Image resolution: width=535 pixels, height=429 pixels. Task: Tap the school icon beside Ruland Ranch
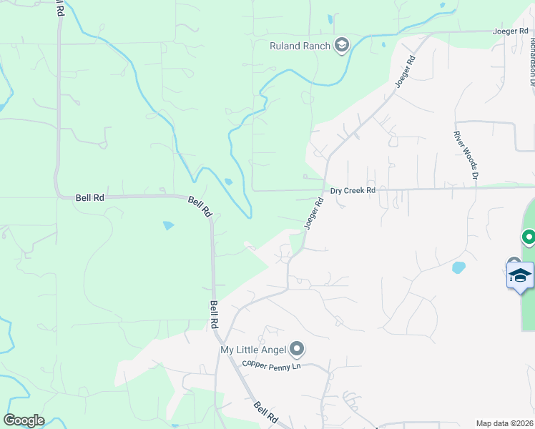pos(342,46)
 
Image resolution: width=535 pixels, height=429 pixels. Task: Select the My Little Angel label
pos(252,350)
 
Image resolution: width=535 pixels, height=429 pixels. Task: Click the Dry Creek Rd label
pos(353,191)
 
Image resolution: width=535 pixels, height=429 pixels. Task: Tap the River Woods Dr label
pos(465,154)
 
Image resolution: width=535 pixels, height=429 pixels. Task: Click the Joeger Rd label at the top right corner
pos(510,31)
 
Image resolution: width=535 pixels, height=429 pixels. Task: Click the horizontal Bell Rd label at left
pos(89,197)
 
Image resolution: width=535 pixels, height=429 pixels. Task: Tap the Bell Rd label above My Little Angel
pos(214,315)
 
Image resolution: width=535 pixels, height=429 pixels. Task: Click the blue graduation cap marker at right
pos(520,275)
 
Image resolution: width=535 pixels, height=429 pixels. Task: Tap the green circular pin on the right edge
pos(529,236)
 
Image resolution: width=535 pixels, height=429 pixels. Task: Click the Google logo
pos(24,420)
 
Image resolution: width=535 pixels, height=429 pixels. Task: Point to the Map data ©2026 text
pos(504,423)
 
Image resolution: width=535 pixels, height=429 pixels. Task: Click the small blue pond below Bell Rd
pos(168,225)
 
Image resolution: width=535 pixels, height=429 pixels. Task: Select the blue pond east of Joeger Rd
pos(458,268)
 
